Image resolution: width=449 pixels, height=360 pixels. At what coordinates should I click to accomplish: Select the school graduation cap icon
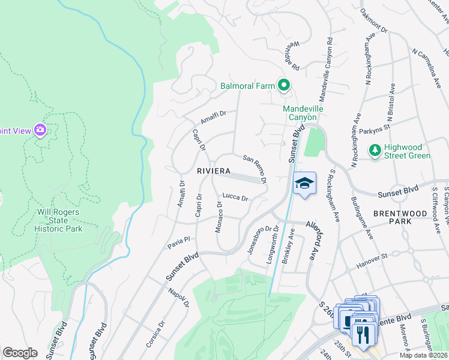click(x=304, y=184)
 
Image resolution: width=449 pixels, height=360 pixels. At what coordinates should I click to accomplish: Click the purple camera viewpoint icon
click(x=40, y=130)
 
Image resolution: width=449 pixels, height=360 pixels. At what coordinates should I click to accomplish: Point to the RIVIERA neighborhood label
click(x=213, y=171)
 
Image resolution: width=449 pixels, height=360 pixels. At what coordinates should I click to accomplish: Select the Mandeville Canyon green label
click(x=303, y=113)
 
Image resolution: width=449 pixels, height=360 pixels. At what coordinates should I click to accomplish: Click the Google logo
click(x=20, y=353)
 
